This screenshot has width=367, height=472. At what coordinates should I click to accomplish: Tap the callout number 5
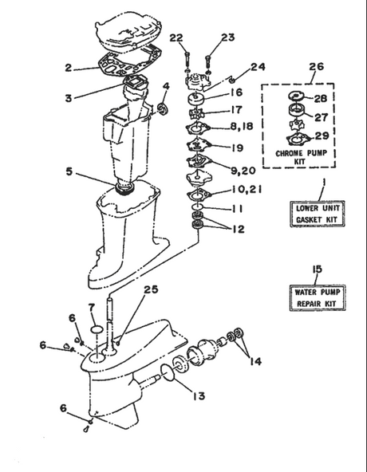(69, 170)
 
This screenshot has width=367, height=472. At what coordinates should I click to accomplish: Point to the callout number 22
(177, 37)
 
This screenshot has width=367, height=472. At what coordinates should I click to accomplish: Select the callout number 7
(92, 307)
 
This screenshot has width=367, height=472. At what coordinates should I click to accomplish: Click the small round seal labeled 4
(165, 108)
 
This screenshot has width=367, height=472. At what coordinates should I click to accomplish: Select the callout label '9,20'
(242, 170)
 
